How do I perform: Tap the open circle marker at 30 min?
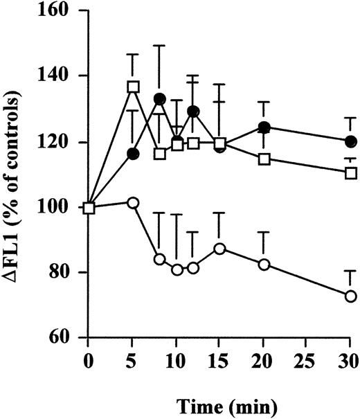[x=351, y=296]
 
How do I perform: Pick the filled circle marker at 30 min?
[x=351, y=141]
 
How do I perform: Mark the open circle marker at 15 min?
[x=219, y=249]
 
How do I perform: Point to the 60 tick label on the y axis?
[x=66, y=339]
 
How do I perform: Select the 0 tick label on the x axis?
[x=89, y=361]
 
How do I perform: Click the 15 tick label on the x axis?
[x=219, y=361]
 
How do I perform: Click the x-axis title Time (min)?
[x=219, y=401]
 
